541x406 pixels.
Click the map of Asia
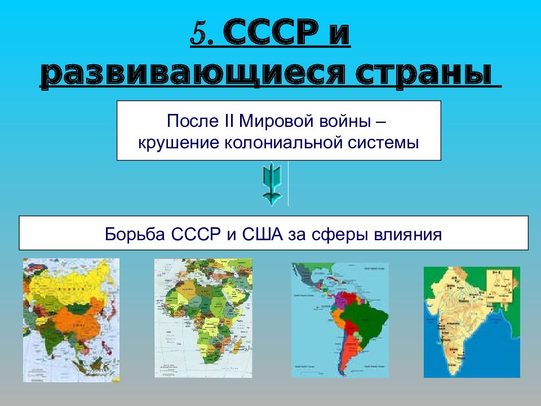click(71, 320)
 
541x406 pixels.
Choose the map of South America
click(340, 320)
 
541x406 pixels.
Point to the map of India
click(472, 321)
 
